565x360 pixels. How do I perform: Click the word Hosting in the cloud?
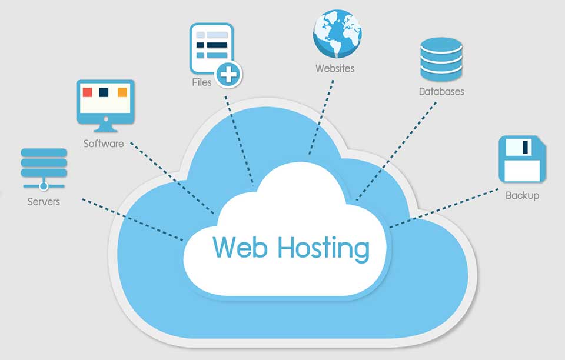pos(323,249)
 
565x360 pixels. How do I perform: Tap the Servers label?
pos(44,202)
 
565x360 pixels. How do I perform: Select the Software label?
pos(104,144)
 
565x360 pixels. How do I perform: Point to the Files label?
pos(201,82)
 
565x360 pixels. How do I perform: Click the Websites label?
pos(335,68)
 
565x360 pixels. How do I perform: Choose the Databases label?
pos(441,92)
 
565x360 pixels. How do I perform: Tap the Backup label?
pos(522,195)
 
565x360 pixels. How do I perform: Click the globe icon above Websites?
pos(337,32)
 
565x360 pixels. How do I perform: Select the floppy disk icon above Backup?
pos(522,159)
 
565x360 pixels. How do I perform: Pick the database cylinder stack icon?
pos(441,60)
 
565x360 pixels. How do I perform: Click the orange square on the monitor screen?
pos(122,92)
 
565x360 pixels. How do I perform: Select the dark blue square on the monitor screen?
pos(105,92)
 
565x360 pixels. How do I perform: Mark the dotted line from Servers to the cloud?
pos(132,219)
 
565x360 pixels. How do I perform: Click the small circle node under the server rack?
pos(44,187)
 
